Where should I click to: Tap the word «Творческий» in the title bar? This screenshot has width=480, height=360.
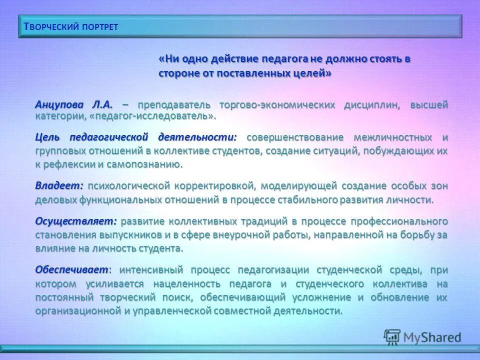tap(48, 27)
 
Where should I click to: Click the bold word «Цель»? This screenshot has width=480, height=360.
tap(49, 137)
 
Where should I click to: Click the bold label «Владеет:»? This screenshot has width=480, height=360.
tap(59, 185)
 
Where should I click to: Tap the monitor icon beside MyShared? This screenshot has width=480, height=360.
tap(392, 337)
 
